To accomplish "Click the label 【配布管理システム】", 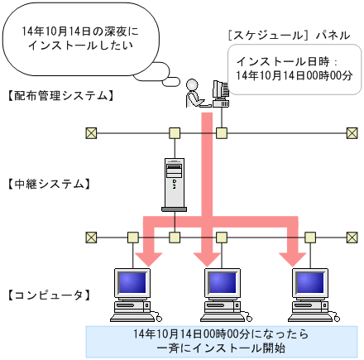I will tap(59, 96).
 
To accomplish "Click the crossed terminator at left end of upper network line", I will tap(91, 132).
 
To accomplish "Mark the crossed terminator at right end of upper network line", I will tap(351, 132).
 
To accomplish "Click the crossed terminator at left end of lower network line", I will tap(91, 238).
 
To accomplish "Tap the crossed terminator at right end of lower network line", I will tap(351, 238).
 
